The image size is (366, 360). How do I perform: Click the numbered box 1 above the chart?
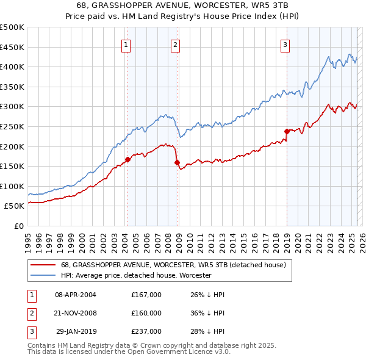click(125, 44)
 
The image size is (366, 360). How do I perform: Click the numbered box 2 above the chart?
click(175, 44)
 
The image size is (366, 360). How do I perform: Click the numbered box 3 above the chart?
click(285, 44)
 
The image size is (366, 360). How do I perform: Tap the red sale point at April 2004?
click(127, 160)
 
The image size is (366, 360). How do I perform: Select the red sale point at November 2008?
click(178, 162)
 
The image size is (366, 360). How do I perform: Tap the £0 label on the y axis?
click(18, 226)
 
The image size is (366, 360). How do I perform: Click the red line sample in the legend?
click(44, 265)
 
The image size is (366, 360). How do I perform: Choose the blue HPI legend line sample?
click(44, 275)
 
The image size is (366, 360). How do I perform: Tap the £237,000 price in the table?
click(146, 331)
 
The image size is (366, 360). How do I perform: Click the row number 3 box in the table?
click(31, 331)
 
